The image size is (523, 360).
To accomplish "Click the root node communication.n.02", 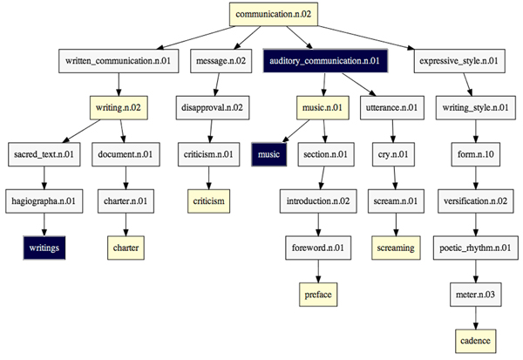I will (x=274, y=14).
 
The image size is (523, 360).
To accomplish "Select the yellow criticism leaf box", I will (x=213, y=201).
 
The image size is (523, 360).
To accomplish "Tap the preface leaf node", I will (x=317, y=295).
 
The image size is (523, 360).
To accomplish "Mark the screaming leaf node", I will (x=397, y=248).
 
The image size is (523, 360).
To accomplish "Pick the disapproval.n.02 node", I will (x=213, y=108).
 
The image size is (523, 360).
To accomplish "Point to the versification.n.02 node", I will (x=476, y=201).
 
